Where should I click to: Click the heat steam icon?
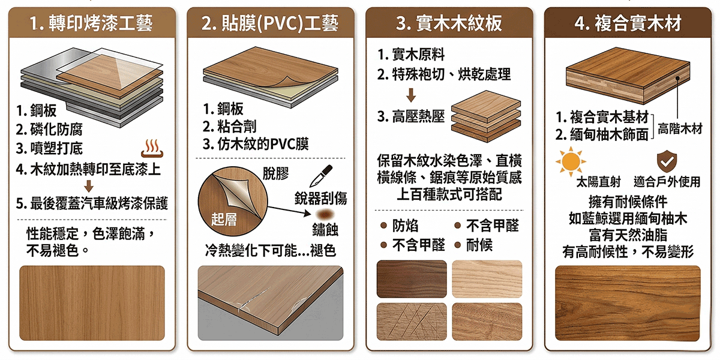(x=152, y=148)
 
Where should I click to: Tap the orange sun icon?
(x=571, y=161)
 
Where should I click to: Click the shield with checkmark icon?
(x=667, y=161)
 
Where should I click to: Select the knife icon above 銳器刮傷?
(x=321, y=175)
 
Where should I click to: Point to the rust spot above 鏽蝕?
(x=325, y=214)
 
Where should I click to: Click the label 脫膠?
(x=275, y=174)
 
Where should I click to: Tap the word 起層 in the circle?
(x=224, y=220)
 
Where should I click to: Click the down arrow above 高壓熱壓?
(x=411, y=95)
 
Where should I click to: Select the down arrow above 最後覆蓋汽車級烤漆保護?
(x=89, y=186)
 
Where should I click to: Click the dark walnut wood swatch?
(x=412, y=279)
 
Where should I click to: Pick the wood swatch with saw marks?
(x=412, y=322)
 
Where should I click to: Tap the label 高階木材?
(x=680, y=129)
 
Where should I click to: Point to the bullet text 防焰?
(x=405, y=226)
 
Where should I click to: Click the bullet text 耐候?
(x=479, y=245)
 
